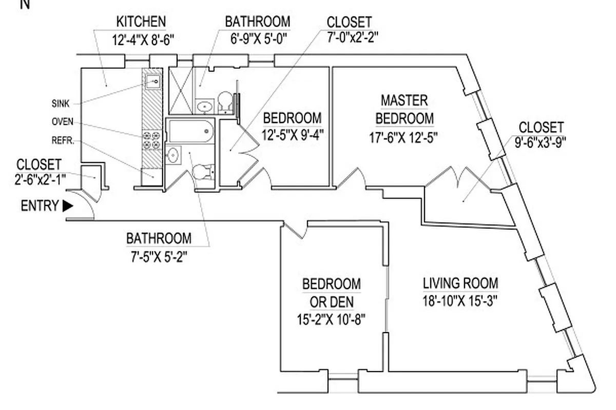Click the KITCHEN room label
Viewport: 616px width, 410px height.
[x=141, y=22]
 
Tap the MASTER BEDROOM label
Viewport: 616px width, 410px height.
[x=404, y=109]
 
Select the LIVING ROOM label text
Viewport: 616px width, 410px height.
[x=460, y=283]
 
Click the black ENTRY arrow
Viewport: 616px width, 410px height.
[x=67, y=206]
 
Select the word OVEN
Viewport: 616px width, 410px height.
[x=62, y=122]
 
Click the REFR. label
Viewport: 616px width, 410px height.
[x=63, y=140]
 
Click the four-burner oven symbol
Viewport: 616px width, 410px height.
[x=152, y=140]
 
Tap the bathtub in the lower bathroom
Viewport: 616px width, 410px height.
[x=190, y=131]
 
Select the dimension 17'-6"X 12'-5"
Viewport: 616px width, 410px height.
[x=404, y=137]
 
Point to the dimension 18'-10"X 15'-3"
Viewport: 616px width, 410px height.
[x=460, y=300]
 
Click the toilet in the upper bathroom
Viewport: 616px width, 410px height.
[x=225, y=100]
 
